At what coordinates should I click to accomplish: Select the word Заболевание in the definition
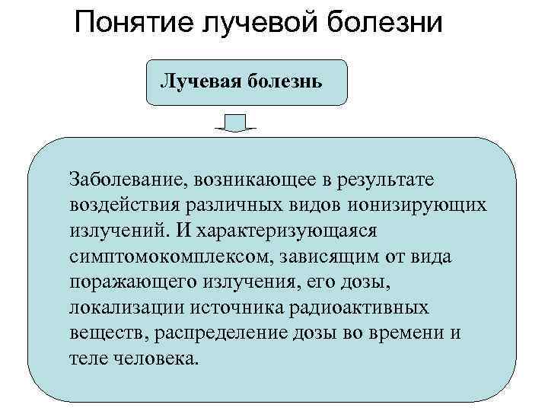(x=128, y=179)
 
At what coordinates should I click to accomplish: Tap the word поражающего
(x=132, y=282)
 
